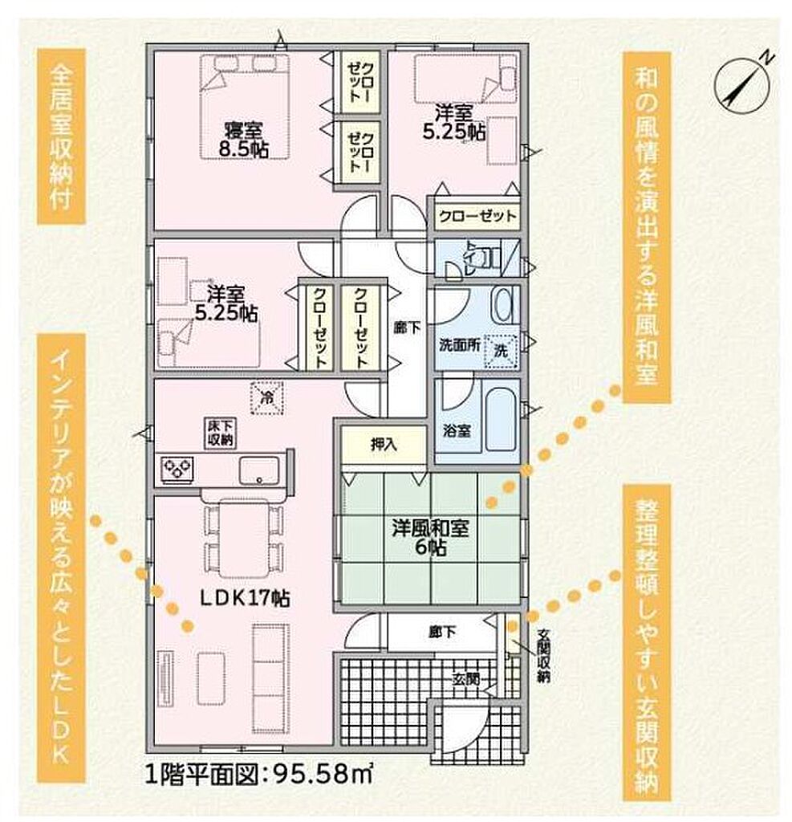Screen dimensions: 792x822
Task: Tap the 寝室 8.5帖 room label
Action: [244, 140]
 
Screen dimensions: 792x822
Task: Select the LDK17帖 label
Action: [246, 597]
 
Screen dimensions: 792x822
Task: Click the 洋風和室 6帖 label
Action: [430, 537]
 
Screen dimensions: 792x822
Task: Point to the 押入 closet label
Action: [384, 445]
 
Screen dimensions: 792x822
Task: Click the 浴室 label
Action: [457, 431]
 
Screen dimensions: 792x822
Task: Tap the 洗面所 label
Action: [460, 346]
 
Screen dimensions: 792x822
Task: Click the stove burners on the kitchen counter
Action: [177, 468]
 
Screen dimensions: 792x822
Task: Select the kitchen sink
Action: [259, 470]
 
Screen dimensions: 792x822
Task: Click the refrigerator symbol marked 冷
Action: [266, 398]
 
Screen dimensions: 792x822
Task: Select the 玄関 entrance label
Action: [466, 680]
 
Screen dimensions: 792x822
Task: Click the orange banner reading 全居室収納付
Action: [61, 137]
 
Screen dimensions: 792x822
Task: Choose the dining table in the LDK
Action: [244, 538]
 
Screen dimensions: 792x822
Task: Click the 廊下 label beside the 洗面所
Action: [408, 328]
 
